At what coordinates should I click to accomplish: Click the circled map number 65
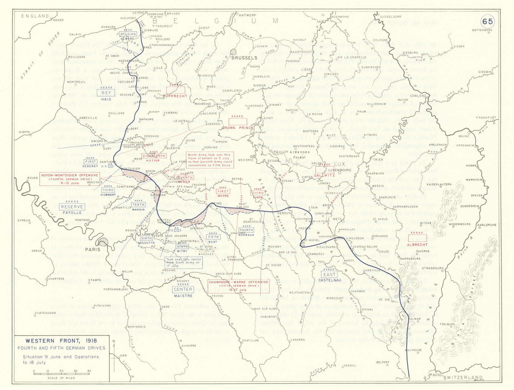point(487,22)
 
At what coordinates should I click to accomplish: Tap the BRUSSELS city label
point(244,58)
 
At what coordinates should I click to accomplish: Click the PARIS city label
point(93,249)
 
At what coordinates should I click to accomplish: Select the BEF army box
point(106,93)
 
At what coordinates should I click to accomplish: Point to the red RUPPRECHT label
point(175,96)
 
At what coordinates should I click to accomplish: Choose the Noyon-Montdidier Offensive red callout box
point(69,179)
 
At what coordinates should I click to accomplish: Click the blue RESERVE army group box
point(72,207)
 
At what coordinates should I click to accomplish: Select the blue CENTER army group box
point(183,289)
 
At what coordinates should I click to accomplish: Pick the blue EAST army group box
point(329,275)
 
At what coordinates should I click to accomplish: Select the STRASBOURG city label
point(432,268)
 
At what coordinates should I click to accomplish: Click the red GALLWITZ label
point(324,175)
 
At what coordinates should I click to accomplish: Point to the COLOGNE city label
point(380,40)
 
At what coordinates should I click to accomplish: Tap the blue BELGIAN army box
point(128,34)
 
